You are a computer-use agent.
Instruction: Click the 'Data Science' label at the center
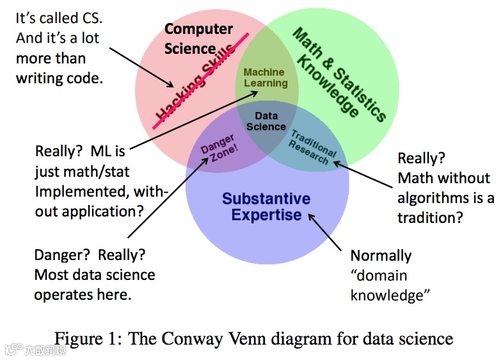click(x=266, y=121)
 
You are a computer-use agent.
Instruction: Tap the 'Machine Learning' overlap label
click(x=265, y=78)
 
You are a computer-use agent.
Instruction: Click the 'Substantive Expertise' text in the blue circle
click(x=266, y=206)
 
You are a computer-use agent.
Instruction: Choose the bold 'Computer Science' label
click(x=198, y=38)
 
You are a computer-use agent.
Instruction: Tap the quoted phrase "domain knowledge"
click(x=390, y=285)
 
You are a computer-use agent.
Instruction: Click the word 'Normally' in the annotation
click(x=381, y=256)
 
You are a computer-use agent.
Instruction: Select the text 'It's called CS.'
click(x=60, y=18)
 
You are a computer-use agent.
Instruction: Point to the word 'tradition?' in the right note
click(x=429, y=218)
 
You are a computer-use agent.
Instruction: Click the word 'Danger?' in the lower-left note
click(x=60, y=255)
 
